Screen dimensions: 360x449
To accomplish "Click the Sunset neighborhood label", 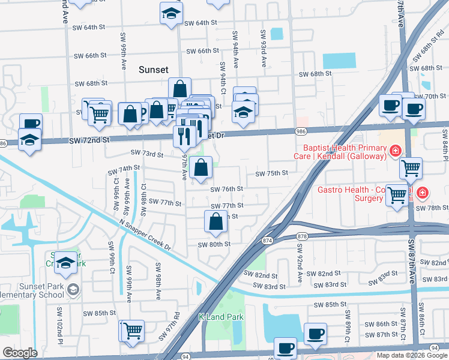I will click(154, 70).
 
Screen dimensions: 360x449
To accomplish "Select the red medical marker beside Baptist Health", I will click(395, 150).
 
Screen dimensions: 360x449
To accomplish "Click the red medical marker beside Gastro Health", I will click(423, 192).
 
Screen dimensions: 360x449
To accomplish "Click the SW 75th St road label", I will click(272, 173).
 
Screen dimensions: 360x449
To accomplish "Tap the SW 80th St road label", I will click(214, 244).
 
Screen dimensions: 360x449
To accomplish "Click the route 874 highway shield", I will click(267, 241).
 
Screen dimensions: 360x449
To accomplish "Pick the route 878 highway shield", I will click(302, 237).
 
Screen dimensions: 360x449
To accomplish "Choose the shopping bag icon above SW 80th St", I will click(215, 221).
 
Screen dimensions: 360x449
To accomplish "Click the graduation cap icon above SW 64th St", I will click(170, 13).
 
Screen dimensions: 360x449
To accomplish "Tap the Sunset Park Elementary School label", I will click(33, 290).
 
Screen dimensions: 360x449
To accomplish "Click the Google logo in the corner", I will click(20, 353).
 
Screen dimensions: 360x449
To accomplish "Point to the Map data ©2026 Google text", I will click(412, 355).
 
